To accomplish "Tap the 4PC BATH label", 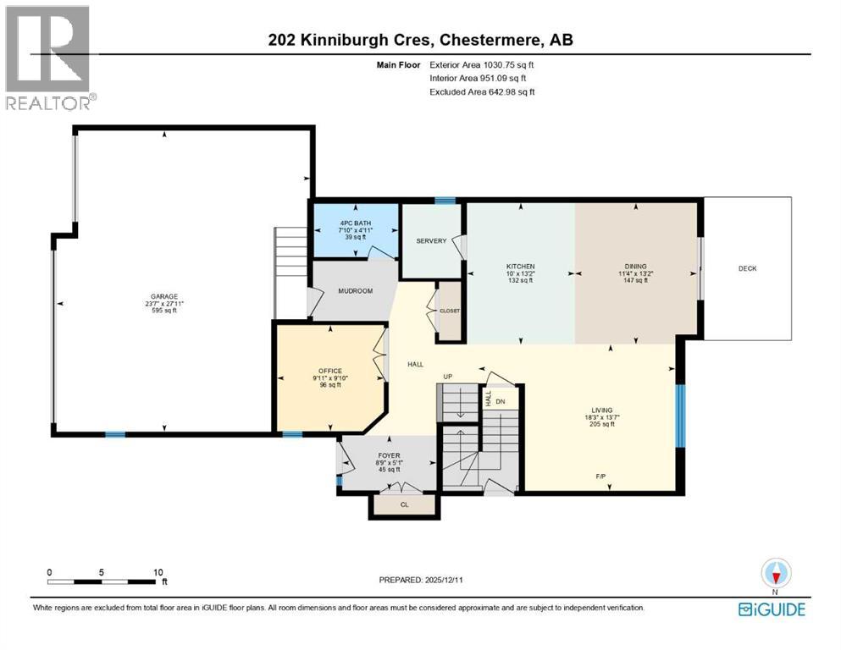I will (356, 223).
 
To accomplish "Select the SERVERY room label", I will (431, 241).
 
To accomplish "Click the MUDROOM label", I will (356, 290).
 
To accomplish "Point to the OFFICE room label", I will (329, 371).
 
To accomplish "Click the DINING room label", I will (635, 267).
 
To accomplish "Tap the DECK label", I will (747, 268).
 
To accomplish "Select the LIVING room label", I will (603, 410).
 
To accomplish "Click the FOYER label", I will (388, 456).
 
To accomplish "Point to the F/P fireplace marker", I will (600, 476).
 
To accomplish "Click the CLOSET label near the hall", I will (449, 311).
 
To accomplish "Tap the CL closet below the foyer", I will (405, 504).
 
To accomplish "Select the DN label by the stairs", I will (501, 401).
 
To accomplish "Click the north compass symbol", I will (775, 573).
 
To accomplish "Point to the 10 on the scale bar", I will (158, 571).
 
